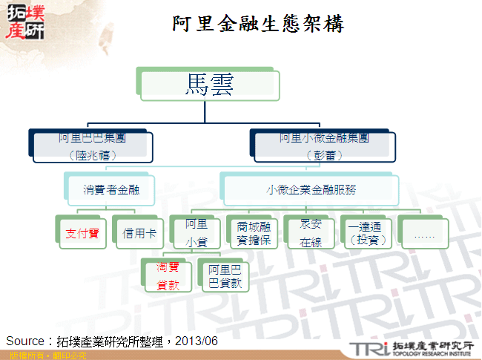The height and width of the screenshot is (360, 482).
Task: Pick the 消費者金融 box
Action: pyautogui.click(x=111, y=189)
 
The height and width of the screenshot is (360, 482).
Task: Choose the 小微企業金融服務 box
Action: pyautogui.click(x=311, y=189)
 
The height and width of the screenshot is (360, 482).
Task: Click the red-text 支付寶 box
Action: pyautogui.click(x=82, y=233)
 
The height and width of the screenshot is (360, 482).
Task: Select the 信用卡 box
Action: pyautogui.click(x=138, y=233)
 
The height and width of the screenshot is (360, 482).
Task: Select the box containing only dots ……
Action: pyautogui.click(x=423, y=233)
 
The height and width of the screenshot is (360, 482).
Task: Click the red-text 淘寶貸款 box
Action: pyautogui.click(x=167, y=276)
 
